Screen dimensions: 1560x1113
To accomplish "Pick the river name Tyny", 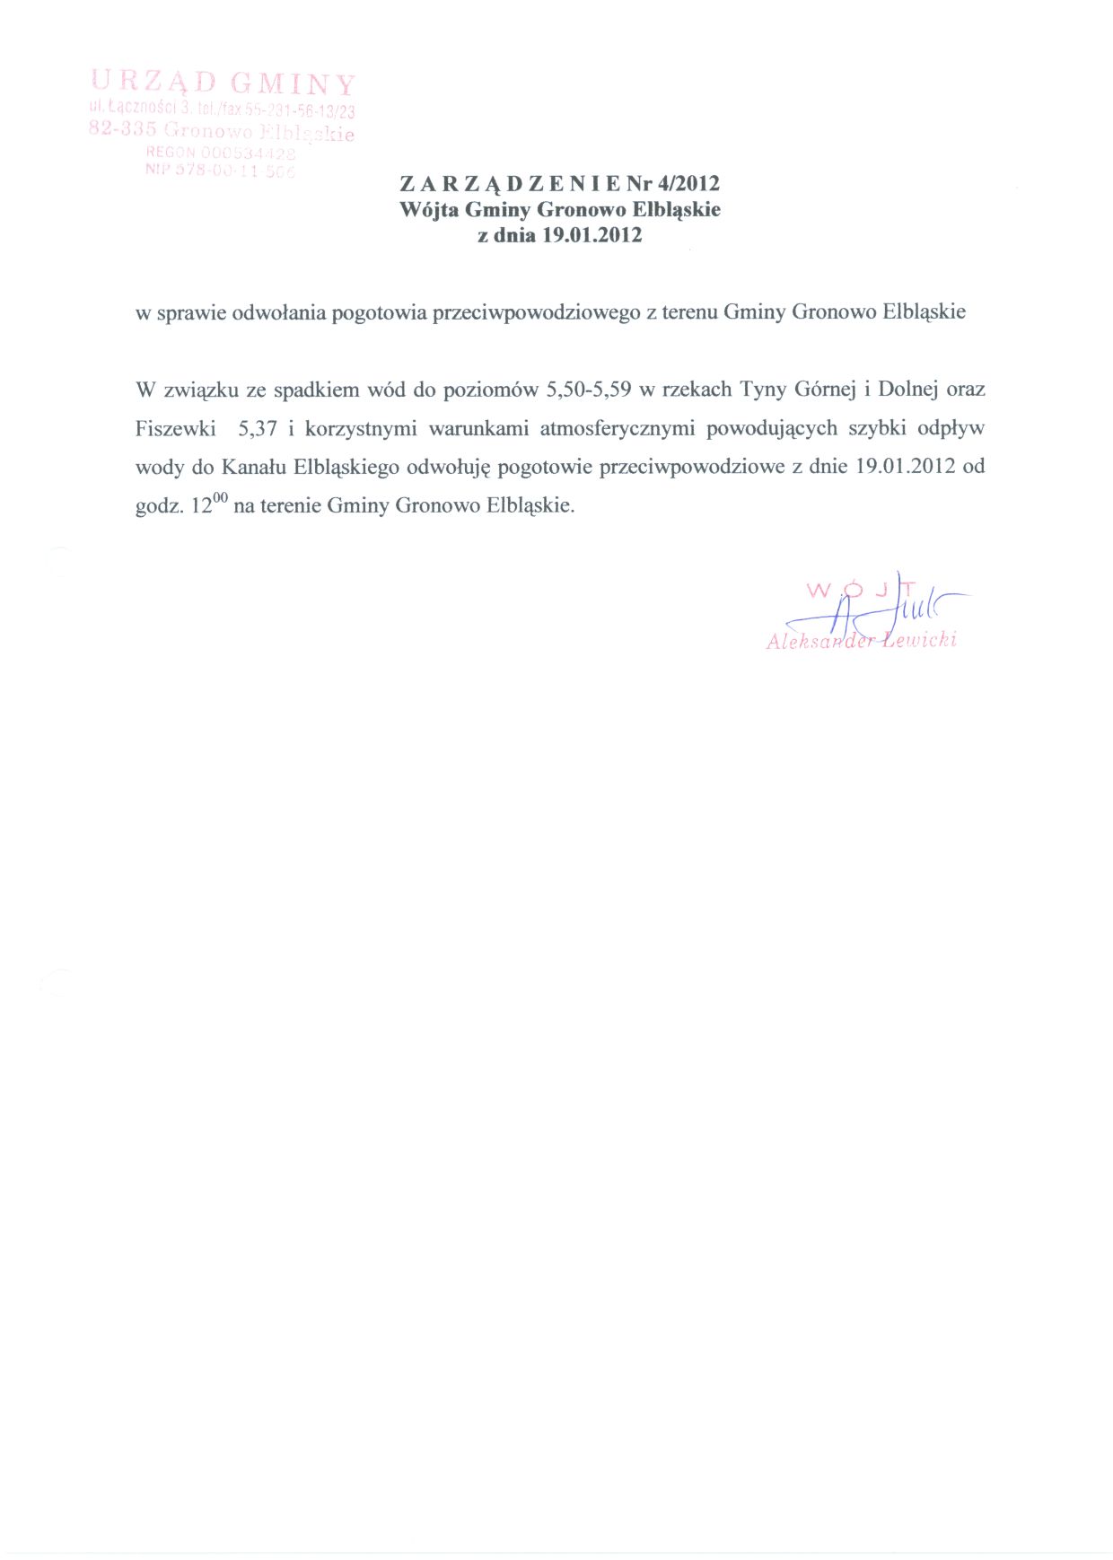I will [763, 390].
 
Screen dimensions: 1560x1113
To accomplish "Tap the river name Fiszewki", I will [176, 429].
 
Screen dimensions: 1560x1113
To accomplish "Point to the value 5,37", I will [257, 429].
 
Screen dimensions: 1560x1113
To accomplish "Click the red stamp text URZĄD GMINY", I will [224, 83].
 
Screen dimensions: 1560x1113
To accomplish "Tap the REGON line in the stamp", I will [221, 153].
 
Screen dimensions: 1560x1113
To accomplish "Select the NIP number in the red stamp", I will [221, 171].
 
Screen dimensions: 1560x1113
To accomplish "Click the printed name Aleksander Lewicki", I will [861, 640].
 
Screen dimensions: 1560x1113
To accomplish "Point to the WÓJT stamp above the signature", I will [860, 591].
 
